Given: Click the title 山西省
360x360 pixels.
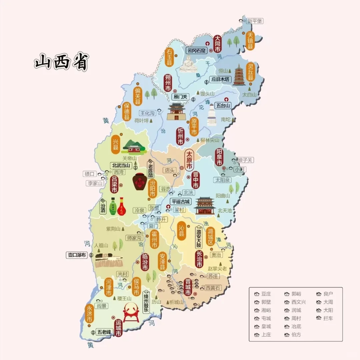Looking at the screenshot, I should pyautogui.click(x=61, y=62).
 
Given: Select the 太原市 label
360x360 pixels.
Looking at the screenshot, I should pyautogui.click(x=189, y=160).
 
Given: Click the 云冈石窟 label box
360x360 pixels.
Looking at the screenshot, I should pyautogui.click(x=196, y=51).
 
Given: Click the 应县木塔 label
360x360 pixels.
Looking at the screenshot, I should pyautogui.click(x=220, y=80).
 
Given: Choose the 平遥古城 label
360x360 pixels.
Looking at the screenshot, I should pyautogui.click(x=180, y=202).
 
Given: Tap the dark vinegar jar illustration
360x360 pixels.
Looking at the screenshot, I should pyautogui.click(x=140, y=181).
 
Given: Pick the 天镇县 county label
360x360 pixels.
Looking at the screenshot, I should pyautogui.click(x=250, y=41).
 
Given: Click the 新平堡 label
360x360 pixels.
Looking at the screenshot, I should pyautogui.click(x=255, y=21).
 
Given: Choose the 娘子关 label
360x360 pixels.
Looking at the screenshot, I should pyautogui.click(x=245, y=160).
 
